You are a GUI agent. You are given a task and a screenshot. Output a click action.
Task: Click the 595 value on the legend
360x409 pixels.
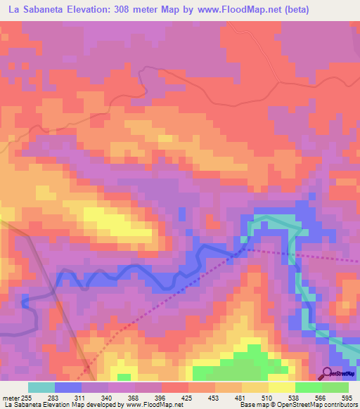point(347,397)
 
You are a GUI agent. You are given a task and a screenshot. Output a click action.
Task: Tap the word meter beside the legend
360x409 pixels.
point(11,397)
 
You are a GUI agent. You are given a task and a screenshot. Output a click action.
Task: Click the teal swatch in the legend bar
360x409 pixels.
point(41,387)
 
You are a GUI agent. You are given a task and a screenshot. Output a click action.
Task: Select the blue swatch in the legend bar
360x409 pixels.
point(67,387)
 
